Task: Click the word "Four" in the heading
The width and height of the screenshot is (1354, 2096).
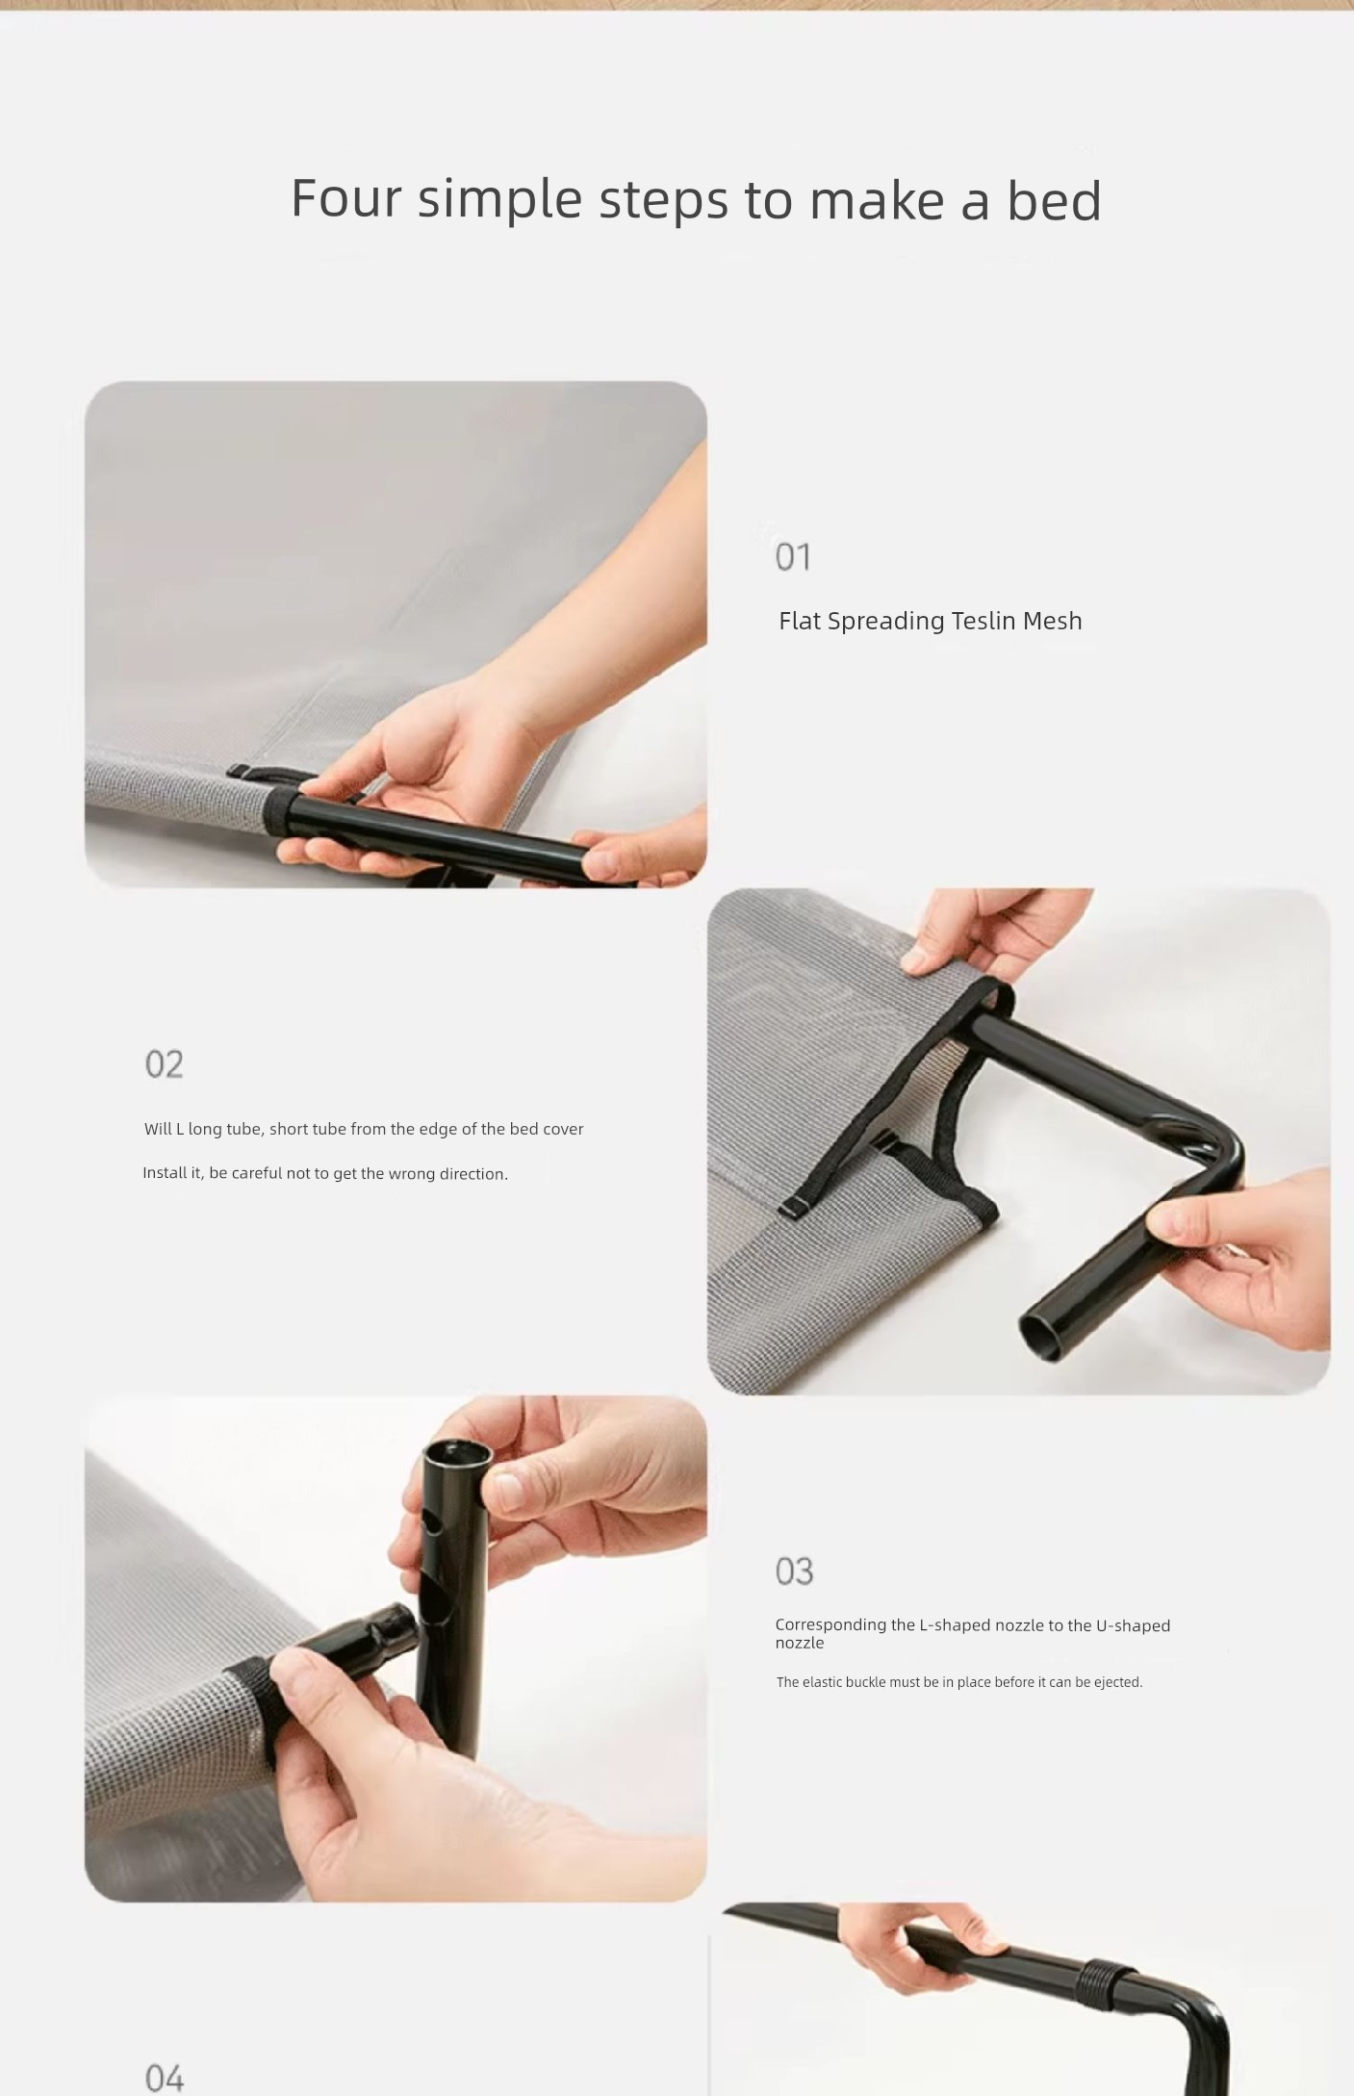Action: pyautogui.click(x=346, y=198)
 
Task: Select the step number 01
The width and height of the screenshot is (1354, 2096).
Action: pyautogui.click(x=793, y=556)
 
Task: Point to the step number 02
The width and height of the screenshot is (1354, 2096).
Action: pyautogui.click(x=164, y=1063)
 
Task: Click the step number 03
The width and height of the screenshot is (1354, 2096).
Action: pyautogui.click(x=794, y=1571)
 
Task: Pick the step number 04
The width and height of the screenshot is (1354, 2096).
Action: pyautogui.click(x=164, y=2078)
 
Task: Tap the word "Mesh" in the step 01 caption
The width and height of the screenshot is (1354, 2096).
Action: pyautogui.click(x=1053, y=621)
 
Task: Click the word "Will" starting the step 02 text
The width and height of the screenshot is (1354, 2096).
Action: pyautogui.click(x=158, y=1129)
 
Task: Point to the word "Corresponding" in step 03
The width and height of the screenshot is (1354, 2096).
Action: pyautogui.click(x=831, y=1625)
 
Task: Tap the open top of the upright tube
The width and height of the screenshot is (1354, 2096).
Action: pyautogui.click(x=457, y=1451)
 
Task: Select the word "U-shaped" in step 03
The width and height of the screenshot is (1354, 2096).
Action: pyautogui.click(x=1133, y=1625)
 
